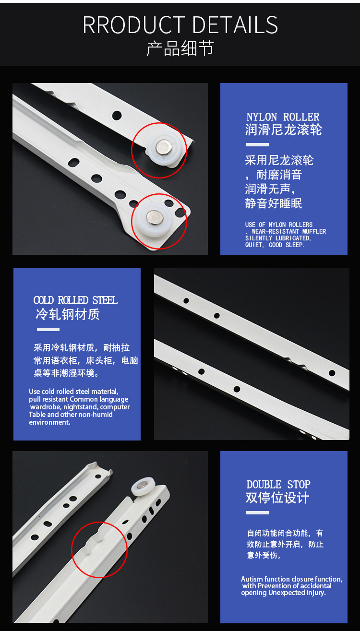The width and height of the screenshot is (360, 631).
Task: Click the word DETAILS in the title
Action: pos(235,25)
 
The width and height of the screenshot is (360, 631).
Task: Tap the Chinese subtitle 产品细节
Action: pos(180,48)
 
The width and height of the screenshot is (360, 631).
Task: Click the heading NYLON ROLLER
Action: pos(283,117)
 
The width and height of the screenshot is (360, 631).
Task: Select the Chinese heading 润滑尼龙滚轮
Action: pos(283,130)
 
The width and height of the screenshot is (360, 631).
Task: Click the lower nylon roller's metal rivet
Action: pos(155,217)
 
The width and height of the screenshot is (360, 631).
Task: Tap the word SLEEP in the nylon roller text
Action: pos(294,245)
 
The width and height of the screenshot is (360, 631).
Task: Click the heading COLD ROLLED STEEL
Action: pos(75,300)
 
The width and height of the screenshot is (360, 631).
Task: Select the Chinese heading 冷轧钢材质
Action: pos(68,315)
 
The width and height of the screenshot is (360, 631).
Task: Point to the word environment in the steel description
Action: pos(49,422)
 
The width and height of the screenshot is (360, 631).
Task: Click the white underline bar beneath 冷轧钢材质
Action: pos(48,330)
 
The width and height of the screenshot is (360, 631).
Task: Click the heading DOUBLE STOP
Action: pos(278,485)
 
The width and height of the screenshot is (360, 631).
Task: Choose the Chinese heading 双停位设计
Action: pos(277,498)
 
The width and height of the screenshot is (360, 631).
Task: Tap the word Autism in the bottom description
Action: pos(252,579)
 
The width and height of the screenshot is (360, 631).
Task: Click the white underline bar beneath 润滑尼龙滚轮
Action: pos(257,144)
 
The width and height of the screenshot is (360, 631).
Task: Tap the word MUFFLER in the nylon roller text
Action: pos(314,231)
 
